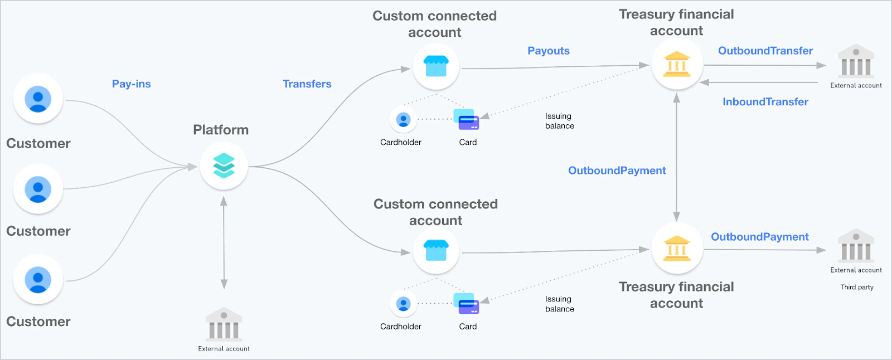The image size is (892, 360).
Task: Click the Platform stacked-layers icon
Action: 224,166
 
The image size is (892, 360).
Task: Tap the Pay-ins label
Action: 131,84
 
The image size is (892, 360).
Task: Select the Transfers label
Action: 307,84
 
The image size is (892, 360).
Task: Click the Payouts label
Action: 549,51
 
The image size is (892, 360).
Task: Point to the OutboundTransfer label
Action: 765,51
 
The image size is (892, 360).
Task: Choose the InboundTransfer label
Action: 765,102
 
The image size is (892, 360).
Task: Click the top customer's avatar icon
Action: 38,99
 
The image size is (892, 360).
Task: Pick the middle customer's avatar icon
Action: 38,189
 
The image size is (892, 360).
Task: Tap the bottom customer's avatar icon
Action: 38,279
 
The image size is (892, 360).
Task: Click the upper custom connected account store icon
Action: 436,66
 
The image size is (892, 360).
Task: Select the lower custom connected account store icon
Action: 436,250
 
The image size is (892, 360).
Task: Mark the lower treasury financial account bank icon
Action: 677,249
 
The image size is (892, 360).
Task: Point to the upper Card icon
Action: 467,119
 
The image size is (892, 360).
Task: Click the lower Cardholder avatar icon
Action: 403,304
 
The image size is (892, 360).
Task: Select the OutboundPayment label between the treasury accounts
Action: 617,171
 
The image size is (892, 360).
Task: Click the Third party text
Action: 857,288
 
